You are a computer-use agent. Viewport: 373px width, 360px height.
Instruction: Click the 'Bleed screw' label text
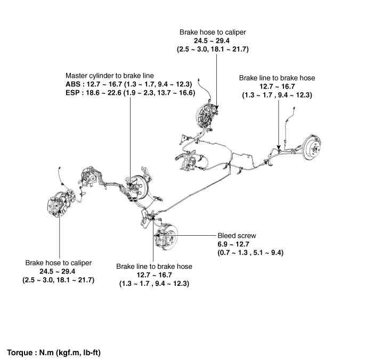point(237,235)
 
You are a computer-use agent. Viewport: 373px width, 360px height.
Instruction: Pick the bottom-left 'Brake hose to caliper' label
point(58,263)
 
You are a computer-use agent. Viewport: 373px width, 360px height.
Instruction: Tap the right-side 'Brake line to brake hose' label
point(277,78)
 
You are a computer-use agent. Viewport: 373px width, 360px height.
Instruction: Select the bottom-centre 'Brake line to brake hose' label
point(154,266)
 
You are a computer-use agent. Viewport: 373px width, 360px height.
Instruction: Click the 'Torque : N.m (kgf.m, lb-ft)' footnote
point(54,353)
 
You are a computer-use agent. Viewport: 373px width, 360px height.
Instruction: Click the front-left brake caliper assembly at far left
point(56,206)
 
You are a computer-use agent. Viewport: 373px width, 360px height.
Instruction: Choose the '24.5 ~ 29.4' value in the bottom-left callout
point(58,271)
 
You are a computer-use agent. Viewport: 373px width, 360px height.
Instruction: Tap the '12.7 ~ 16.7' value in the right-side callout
point(277,86)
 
